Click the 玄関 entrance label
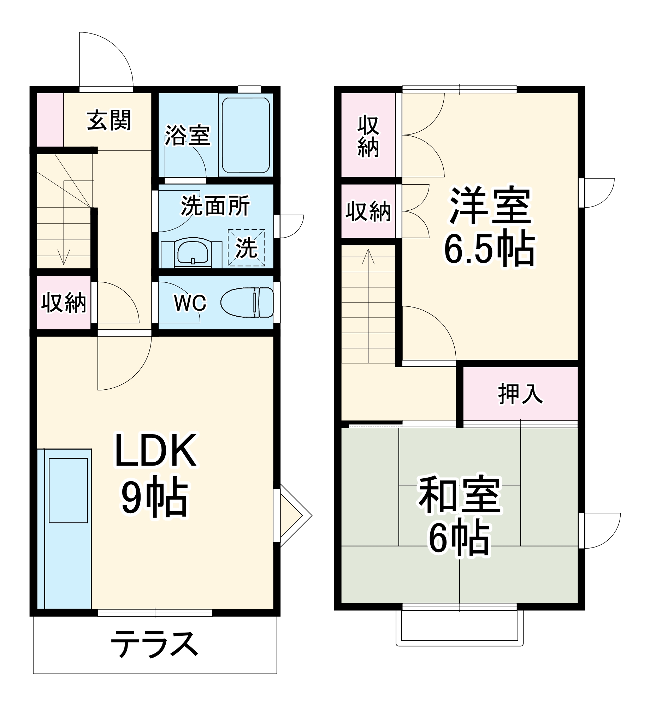click(109, 120)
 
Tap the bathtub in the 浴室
click(246, 135)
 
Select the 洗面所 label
click(215, 205)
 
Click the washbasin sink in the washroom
click(193, 251)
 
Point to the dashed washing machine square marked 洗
click(246, 248)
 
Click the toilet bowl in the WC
click(247, 302)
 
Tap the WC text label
click(190, 303)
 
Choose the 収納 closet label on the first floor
click(64, 302)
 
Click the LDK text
click(155, 451)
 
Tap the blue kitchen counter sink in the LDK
click(68, 490)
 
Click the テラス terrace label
click(154, 644)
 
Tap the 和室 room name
click(460, 495)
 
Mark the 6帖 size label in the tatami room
click(460, 538)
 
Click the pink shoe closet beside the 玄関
click(50, 120)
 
